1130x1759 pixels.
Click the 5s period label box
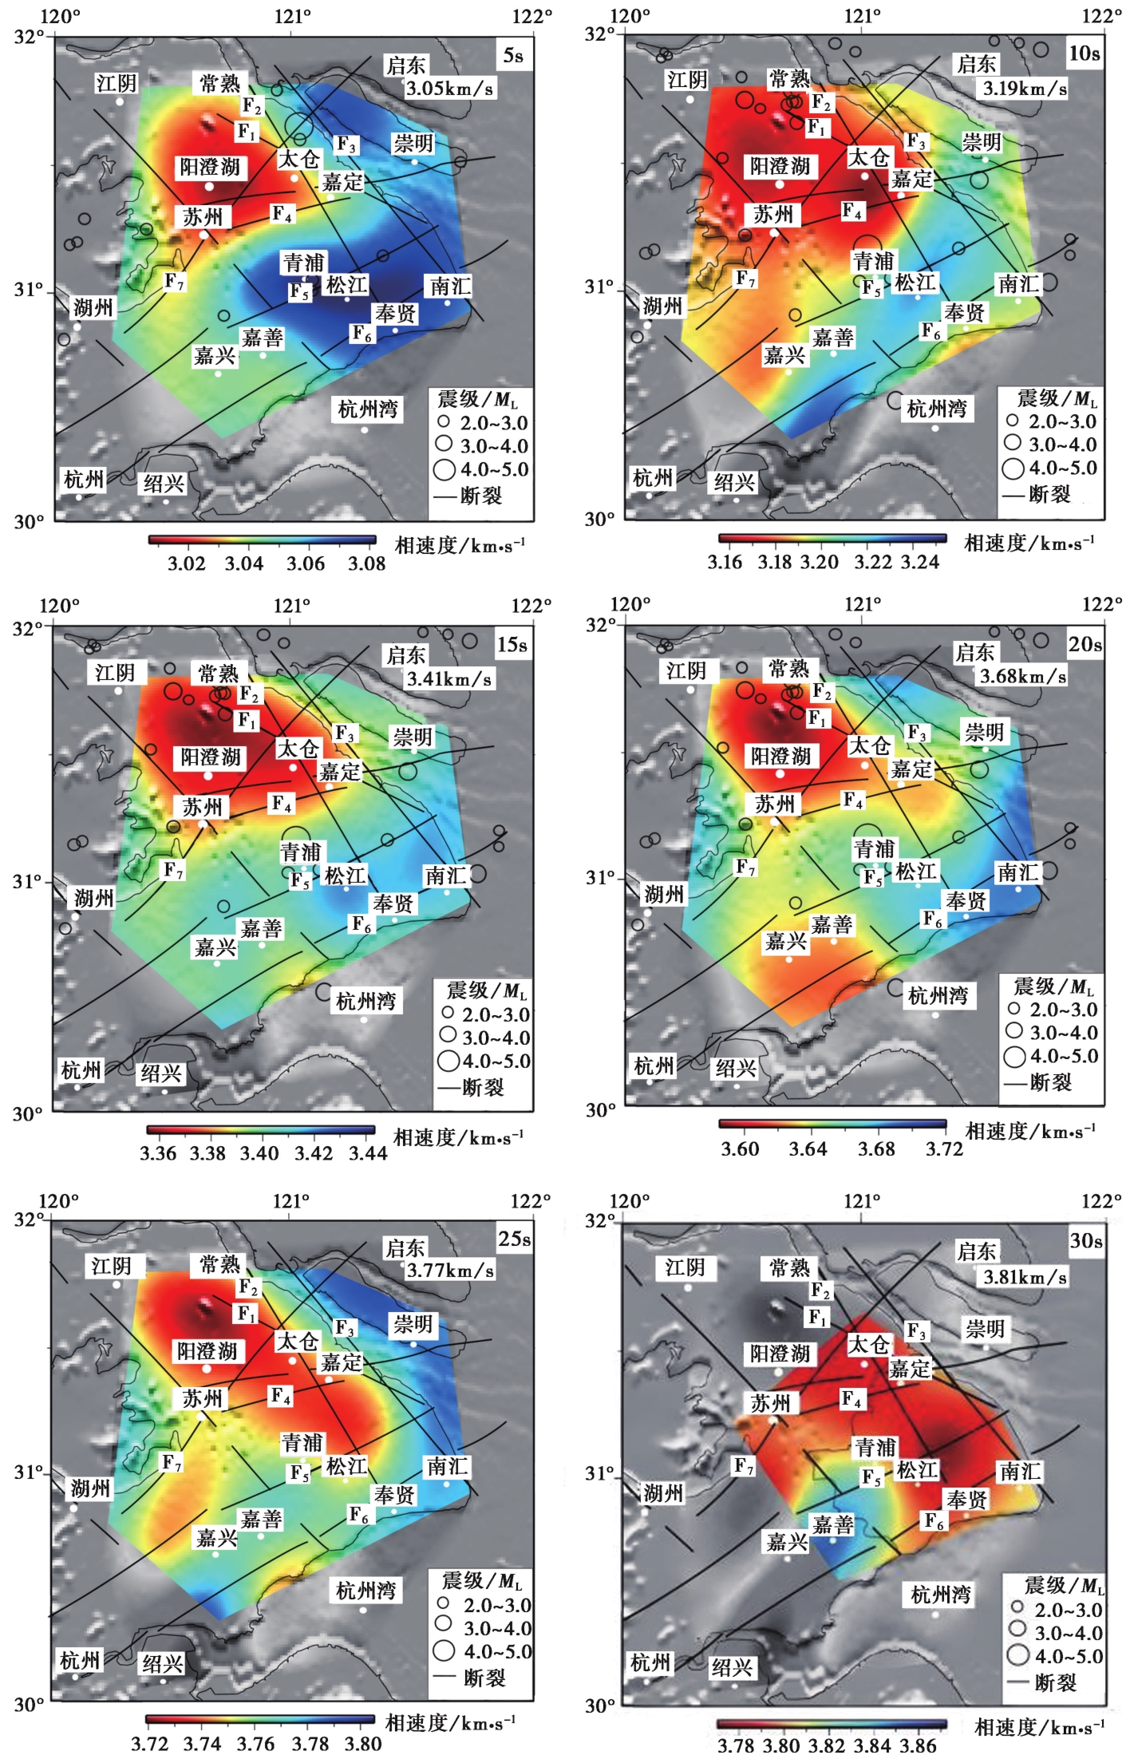pos(514,56)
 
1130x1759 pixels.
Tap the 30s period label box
pos(1086,1241)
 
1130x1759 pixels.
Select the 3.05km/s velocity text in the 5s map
pos(450,89)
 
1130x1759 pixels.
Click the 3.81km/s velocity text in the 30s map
pos(1025,1278)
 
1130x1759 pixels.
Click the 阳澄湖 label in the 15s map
pos(210,757)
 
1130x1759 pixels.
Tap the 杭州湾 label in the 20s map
pos(938,995)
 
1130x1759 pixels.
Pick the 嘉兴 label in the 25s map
pos(216,1537)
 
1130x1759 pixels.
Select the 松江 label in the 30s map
pos(917,1469)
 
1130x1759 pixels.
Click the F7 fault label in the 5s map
pos(174,281)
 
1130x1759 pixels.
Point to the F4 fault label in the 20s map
pos(853,800)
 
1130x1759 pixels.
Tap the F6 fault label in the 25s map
pos(359,1514)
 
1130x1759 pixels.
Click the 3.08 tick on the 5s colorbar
pos(367,563)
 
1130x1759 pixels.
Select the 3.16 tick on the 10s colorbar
pos(725,562)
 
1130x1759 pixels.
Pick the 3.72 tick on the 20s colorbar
pos(945,1149)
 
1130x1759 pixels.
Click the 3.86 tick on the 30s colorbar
pos(918,1745)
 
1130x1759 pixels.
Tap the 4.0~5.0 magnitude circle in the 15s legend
pos(448,1061)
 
